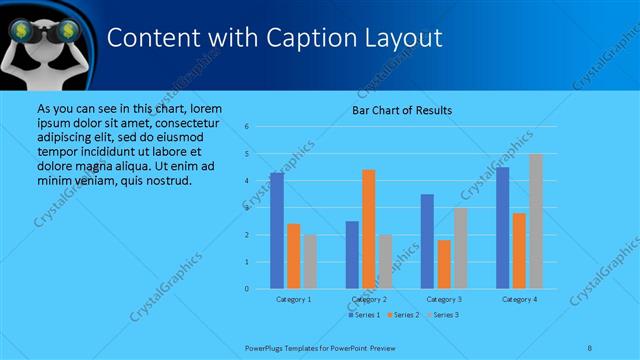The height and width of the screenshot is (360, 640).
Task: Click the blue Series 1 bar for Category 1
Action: pyautogui.click(x=277, y=231)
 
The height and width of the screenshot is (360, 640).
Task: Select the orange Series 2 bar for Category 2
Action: pyautogui.click(x=369, y=229)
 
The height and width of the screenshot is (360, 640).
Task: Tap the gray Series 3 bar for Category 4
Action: pyautogui.click(x=535, y=221)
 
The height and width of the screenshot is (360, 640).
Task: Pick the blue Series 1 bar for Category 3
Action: pyautogui.click(x=427, y=241)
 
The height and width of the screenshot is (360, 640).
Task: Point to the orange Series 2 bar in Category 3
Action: pyautogui.click(x=444, y=264)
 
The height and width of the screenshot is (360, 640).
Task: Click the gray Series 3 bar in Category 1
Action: pyautogui.click(x=310, y=262)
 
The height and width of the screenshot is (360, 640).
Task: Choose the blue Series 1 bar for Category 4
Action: pyautogui.click(x=503, y=228)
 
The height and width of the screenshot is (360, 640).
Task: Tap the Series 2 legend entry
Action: pyautogui.click(x=403, y=315)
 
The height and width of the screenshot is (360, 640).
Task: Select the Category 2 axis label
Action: pyautogui.click(x=369, y=299)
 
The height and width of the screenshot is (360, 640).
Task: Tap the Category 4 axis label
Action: pyautogui.click(x=519, y=299)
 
